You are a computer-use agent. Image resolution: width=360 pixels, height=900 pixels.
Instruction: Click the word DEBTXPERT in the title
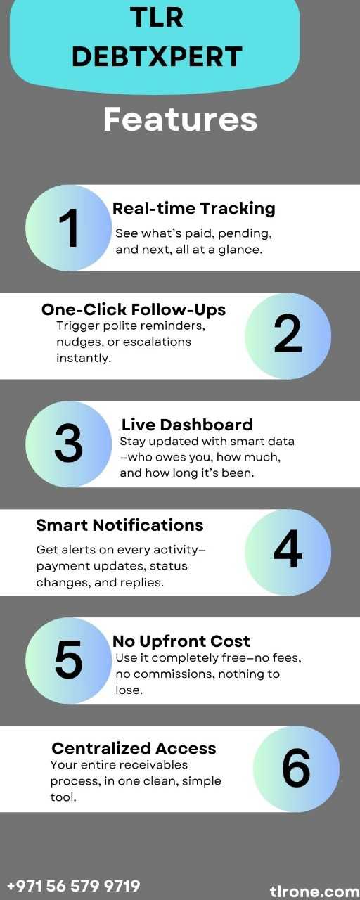[157, 56]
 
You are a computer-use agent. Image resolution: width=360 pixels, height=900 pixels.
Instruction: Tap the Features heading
[180, 120]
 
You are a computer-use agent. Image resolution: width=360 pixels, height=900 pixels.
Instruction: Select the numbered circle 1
[68, 227]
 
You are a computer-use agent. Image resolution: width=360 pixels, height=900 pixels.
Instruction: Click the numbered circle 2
[288, 335]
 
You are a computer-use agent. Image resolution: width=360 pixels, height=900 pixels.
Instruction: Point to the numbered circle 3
[68, 444]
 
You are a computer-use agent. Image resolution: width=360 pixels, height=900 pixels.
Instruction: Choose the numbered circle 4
[288, 552]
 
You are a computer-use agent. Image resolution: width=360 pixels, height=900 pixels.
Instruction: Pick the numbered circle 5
[68, 660]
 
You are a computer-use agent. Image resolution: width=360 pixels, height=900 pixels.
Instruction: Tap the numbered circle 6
[296, 769]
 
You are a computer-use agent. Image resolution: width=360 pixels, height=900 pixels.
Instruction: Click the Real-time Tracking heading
[193, 209]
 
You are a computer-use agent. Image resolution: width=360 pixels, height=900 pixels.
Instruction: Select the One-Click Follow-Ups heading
[134, 309]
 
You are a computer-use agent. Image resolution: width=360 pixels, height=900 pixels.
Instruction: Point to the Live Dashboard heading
[187, 425]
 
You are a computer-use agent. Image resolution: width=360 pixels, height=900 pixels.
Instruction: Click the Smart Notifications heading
[120, 525]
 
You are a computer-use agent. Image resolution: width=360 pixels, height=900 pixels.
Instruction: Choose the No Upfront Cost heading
[181, 641]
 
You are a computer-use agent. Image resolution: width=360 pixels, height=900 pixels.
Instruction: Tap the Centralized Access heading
[134, 748]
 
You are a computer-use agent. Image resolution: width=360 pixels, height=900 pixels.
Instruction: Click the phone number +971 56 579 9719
[74, 885]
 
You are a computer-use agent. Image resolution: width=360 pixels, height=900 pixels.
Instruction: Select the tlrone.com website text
[314, 891]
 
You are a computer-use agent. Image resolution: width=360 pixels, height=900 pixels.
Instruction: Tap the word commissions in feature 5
[174, 674]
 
